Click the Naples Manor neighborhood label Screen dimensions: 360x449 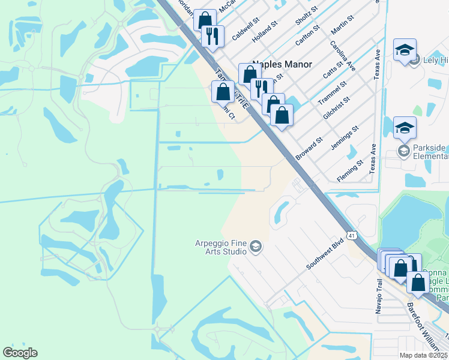pyautogui.click(x=283, y=64)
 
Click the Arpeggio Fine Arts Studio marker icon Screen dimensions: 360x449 pyautogui.click(x=256, y=247)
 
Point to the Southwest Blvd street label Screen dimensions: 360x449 pyautogui.click(x=324, y=254)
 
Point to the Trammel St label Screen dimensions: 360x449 pyautogui.click(x=333, y=91)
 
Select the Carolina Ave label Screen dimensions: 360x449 pyautogui.click(x=342, y=56)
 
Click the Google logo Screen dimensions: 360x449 pyautogui.click(x=20, y=353)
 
